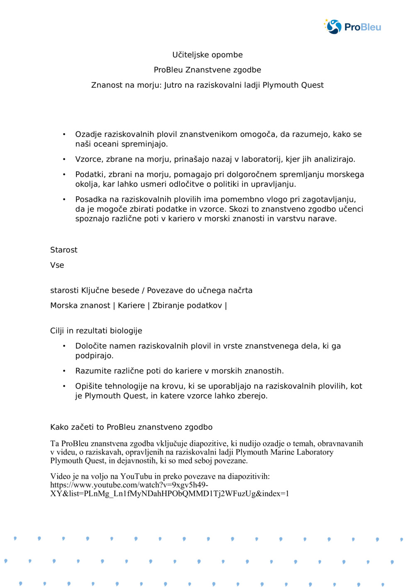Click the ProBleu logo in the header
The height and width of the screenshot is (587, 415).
tap(352, 27)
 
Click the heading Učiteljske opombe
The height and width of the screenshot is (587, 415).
tap(207, 55)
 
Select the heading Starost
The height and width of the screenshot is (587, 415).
tap(63, 250)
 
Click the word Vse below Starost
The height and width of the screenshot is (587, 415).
tap(57, 265)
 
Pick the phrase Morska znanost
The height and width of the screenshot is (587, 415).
tap(80, 305)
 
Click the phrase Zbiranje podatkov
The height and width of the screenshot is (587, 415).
tap(187, 305)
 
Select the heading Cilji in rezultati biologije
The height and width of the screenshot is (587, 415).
tap(96, 331)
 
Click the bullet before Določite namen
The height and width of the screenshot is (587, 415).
tap(64, 346)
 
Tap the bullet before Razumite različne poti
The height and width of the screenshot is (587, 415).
tap(64, 371)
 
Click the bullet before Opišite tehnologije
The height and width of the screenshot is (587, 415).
tap(64, 386)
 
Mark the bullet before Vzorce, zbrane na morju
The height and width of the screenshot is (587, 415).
tap(64, 159)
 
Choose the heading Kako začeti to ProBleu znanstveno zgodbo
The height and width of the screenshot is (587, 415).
tap(131, 427)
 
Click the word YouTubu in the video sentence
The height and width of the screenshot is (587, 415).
tap(136, 476)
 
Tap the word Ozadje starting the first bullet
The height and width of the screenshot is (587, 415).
tap(88, 134)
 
